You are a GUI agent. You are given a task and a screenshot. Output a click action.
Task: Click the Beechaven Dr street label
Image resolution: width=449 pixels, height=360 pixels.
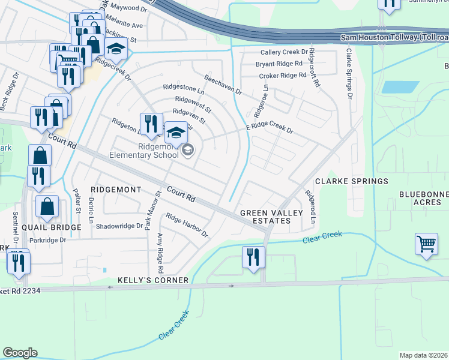click(222, 85)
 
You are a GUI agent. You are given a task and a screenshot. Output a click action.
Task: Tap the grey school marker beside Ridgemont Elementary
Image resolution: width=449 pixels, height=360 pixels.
click(187, 150)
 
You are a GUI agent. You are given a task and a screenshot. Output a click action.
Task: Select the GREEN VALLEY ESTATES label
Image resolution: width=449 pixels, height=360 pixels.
click(265, 217)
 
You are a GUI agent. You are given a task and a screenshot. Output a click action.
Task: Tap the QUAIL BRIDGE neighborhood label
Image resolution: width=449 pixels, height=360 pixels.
click(51, 228)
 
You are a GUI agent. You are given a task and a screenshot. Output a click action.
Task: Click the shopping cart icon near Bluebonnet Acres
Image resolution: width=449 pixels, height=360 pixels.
click(426, 245)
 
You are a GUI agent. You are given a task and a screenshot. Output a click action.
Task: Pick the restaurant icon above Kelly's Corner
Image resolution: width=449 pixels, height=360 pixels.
click(253, 257)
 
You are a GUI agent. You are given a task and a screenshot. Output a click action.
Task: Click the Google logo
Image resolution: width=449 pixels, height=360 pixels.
click(20, 353)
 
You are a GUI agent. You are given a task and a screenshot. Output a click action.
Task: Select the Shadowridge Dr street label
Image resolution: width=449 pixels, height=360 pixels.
click(120, 226)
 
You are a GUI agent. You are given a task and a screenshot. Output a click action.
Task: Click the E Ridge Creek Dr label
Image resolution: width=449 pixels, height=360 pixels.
click(270, 129)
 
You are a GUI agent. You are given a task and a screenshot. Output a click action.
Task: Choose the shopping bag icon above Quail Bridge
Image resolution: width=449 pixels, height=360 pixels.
click(47, 206)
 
